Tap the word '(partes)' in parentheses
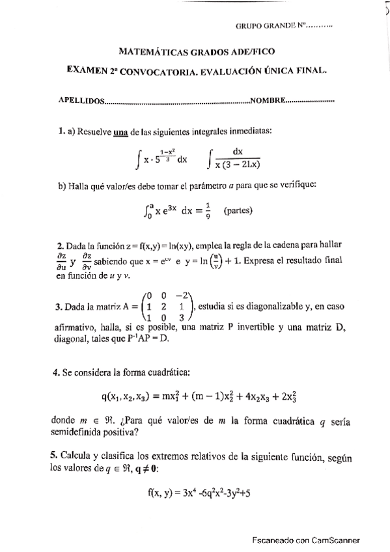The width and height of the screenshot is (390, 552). point(238,211)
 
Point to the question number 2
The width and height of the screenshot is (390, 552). point(59,246)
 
